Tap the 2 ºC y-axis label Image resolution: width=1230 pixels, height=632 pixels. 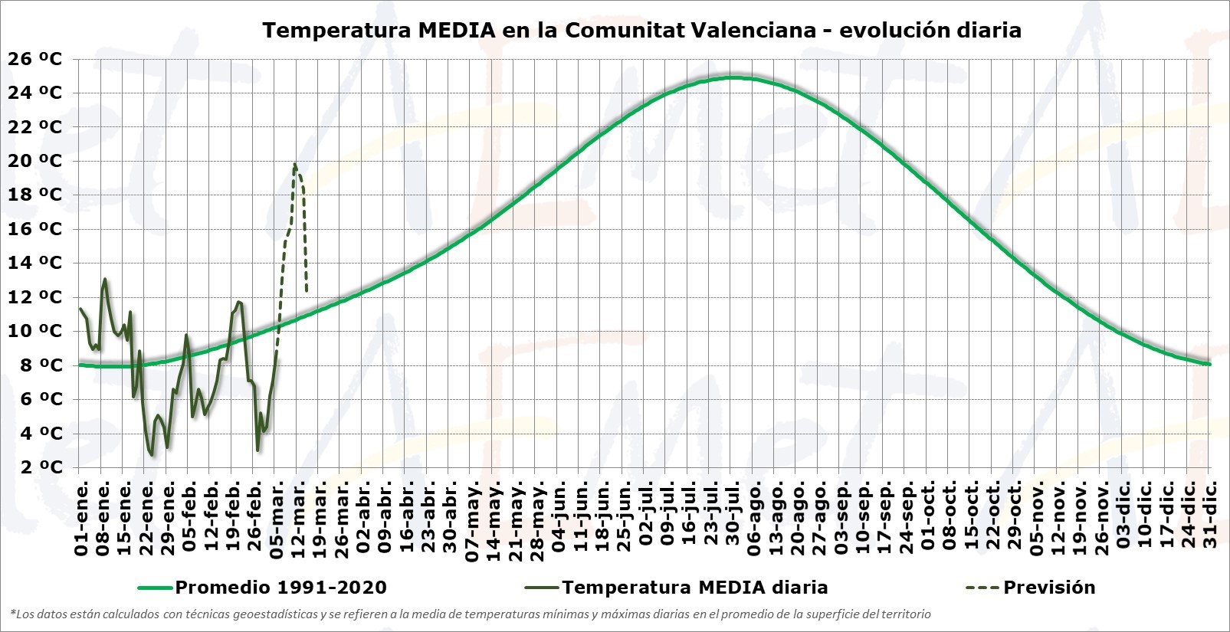pos(35,467)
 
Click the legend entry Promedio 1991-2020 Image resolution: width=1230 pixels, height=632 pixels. pos(280,588)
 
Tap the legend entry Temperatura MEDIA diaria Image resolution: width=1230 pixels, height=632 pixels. pos(694,588)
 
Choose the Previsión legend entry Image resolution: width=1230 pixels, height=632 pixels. pos(1049,588)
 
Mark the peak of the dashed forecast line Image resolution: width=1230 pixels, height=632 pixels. pos(295,164)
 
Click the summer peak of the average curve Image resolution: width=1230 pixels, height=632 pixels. pos(733,77)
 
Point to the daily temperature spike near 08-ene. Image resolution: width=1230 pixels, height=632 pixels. pos(105,280)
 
